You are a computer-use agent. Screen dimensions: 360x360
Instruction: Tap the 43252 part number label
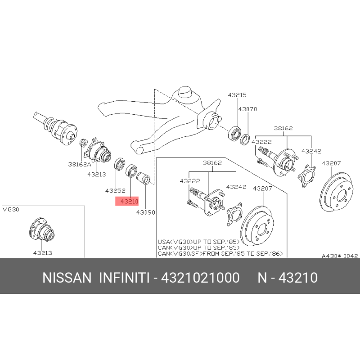pos(115,190)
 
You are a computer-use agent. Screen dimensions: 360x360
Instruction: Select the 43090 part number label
pos(145,212)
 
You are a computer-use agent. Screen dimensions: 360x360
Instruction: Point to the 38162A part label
pos(80,164)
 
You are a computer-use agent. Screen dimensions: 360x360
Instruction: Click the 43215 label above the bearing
pos(237,95)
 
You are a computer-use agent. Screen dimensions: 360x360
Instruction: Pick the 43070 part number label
pos(247,109)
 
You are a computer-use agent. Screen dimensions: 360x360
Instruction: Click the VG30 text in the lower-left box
pos(11,209)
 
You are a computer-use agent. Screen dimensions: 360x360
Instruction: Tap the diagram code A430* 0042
pos(340,256)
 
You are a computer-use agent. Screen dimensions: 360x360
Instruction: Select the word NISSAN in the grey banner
pos(67,278)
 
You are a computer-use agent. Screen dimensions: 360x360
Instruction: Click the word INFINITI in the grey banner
pos(124,278)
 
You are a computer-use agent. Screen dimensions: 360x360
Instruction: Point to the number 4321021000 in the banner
pos(200,278)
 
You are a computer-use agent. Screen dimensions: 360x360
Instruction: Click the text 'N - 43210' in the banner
pos(288,278)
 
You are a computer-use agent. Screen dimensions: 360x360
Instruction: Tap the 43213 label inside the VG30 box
pos(42,253)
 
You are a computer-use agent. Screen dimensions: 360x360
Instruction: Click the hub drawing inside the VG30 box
pos(42,229)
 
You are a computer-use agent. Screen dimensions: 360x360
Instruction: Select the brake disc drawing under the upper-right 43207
pos(336,192)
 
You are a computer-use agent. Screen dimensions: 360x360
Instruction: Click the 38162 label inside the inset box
pos(212,163)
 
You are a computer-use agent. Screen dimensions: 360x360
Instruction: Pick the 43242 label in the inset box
pos(236,187)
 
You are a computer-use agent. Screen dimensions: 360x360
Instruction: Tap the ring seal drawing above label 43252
pos(120,164)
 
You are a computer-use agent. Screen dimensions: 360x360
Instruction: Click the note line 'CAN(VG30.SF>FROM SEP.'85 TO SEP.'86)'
pos(220,253)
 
